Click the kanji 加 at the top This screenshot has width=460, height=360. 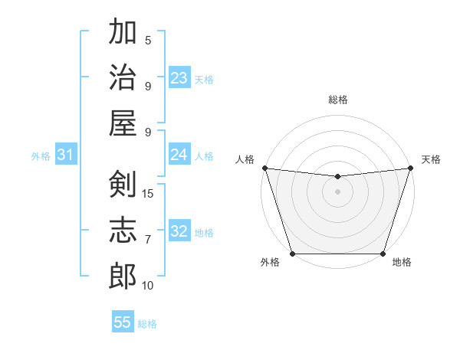(123, 33)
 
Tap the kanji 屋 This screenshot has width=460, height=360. (123, 123)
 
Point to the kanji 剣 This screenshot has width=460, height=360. (123, 184)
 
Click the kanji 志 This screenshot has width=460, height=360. (123, 230)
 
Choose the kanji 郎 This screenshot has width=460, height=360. (123, 276)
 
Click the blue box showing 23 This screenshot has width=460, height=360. (179, 78)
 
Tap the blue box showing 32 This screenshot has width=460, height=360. (179, 232)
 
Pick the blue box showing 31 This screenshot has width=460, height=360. (65, 155)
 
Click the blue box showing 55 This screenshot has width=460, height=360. (123, 322)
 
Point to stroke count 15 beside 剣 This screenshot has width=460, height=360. (148, 193)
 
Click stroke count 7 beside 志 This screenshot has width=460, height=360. (148, 240)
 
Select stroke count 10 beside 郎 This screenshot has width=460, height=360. (148, 286)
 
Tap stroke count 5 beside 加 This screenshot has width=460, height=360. (148, 41)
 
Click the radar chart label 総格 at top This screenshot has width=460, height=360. (337, 100)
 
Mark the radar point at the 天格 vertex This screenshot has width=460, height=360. (410, 168)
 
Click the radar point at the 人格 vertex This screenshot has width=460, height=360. (264, 168)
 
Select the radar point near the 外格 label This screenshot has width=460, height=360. (292, 254)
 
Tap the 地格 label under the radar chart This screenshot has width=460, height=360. (402, 263)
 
